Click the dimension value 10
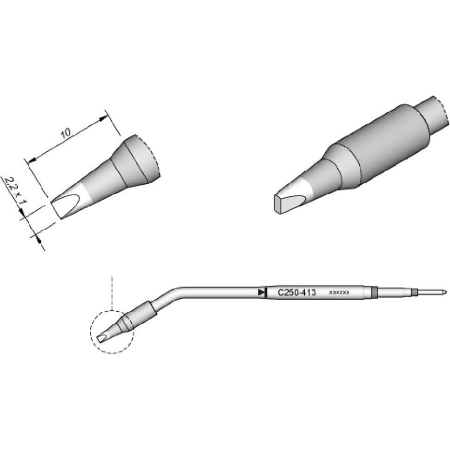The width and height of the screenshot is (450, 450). [66, 133]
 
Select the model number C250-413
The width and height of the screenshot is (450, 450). [296, 293]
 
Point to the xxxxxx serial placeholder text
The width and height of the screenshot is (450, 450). [339, 293]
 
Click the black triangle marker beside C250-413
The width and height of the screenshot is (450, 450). [262, 292]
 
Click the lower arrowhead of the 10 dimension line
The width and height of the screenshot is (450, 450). [32, 161]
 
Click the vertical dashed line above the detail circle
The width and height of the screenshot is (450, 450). [112, 292]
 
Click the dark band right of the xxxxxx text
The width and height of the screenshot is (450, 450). [375, 293]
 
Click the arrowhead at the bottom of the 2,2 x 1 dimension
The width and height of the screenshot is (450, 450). [38, 238]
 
